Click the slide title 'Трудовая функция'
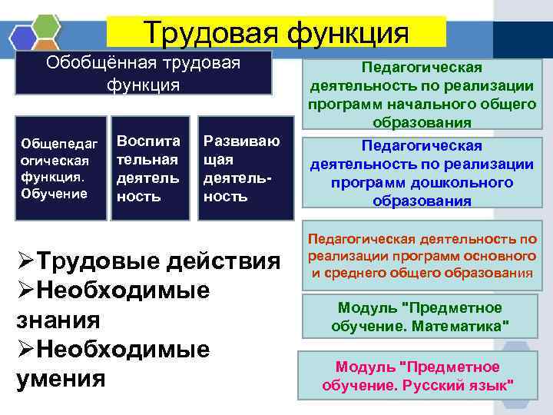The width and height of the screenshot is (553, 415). click(276, 33)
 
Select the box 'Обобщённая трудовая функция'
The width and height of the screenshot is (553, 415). click(143, 72)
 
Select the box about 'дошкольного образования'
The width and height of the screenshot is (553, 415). click(422, 173)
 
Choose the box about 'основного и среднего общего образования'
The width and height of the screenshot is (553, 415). click(422, 256)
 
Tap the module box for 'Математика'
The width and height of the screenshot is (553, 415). click(422, 317)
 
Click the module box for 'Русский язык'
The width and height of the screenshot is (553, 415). click(422, 375)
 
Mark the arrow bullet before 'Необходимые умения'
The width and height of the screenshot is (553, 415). click(25, 350)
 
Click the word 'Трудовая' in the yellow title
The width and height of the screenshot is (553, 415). click(208, 33)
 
